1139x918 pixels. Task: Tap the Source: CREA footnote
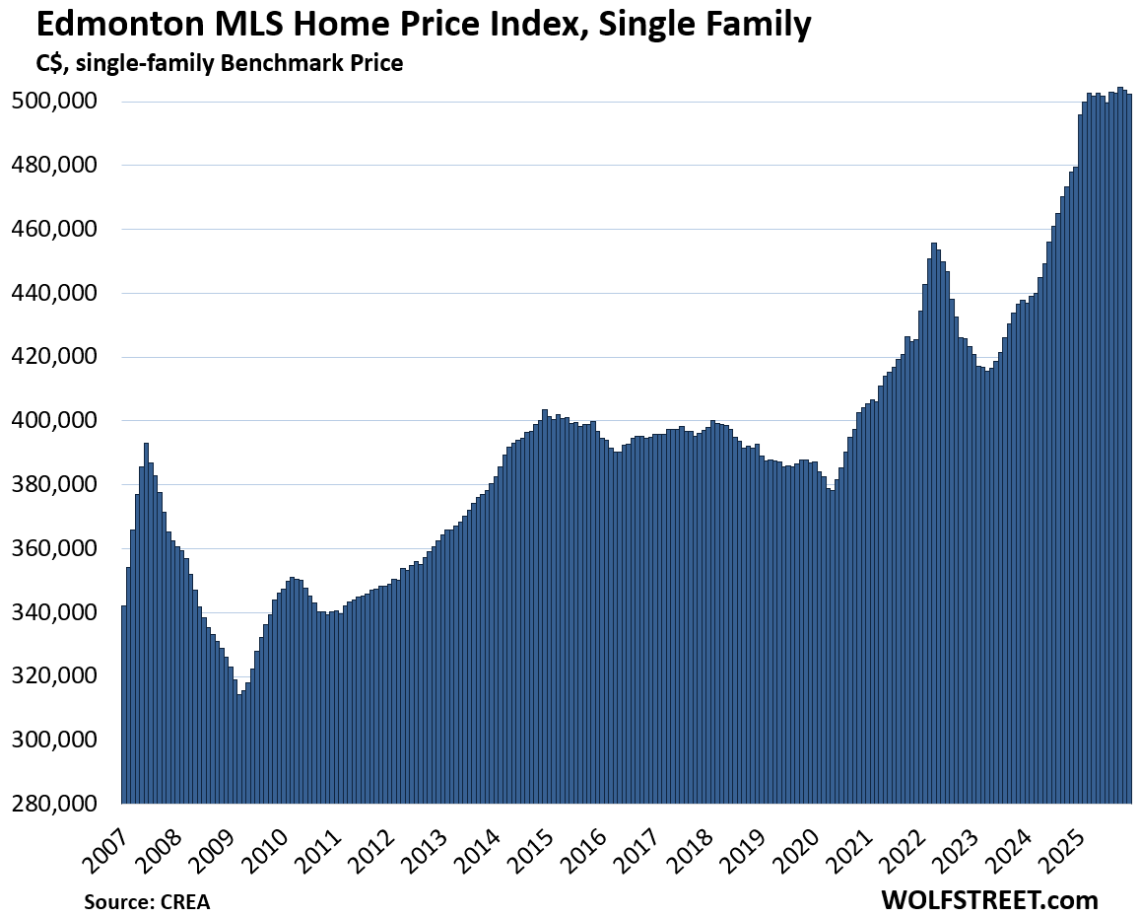[146, 901]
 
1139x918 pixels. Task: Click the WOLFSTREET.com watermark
[989, 899]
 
